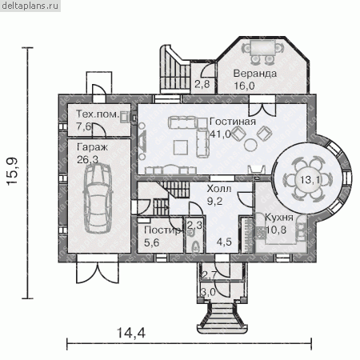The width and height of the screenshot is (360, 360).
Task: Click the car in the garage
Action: pyautogui.click(x=98, y=198)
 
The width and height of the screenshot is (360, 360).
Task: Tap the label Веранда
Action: pyautogui.click(x=255, y=74)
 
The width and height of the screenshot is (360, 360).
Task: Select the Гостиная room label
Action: pyautogui.click(x=233, y=122)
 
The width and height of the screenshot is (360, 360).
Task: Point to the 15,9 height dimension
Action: pyautogui.click(x=12, y=172)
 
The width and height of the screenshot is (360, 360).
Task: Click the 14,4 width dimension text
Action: pyautogui.click(x=131, y=333)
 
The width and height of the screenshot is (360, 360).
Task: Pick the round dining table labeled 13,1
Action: pyautogui.click(x=307, y=179)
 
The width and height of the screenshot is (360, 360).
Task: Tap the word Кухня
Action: pyautogui.click(x=278, y=218)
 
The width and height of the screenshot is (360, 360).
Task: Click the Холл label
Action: pyautogui.click(x=219, y=189)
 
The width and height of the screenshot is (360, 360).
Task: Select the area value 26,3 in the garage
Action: pyautogui.click(x=87, y=159)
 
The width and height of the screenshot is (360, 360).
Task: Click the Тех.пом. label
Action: pyautogui.click(x=97, y=114)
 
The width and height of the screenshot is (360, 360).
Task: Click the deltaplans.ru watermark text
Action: pyautogui.click(x=30, y=6)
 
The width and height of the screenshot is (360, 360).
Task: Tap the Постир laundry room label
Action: pyautogui.click(x=162, y=230)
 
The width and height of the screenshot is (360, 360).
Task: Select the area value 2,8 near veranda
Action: pyautogui.click(x=202, y=85)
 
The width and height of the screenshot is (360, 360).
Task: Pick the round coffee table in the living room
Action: pyautogui.click(x=251, y=145)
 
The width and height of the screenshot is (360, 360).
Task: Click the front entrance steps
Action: pyautogui.click(x=222, y=318)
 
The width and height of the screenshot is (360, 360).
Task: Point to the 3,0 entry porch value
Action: pyautogui.click(x=208, y=292)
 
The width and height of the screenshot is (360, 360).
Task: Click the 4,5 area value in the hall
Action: pyautogui.click(x=224, y=242)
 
